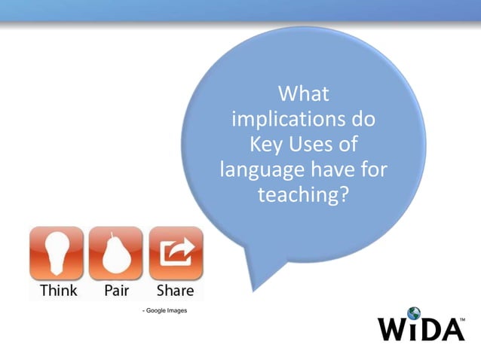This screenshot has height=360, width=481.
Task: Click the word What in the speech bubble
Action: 304,96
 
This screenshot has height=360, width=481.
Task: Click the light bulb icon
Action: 58,252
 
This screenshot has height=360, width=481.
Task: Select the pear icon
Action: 115,252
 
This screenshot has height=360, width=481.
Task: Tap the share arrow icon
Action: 175,252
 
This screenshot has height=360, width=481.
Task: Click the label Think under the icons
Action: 58,290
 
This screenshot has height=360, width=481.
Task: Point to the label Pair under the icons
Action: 115,290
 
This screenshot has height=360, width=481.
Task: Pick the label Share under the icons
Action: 175,290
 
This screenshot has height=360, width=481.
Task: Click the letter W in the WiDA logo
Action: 392,330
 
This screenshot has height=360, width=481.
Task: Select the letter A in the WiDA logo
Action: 450,330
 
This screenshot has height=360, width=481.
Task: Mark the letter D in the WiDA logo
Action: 429,330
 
